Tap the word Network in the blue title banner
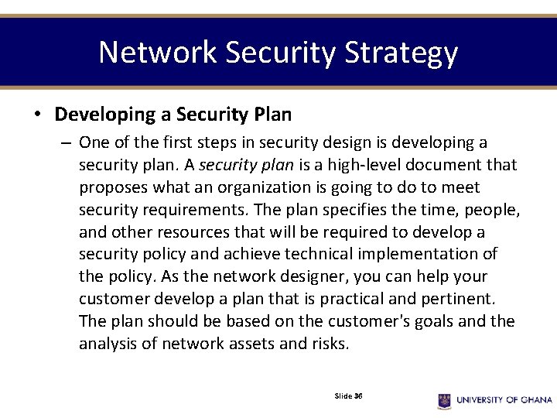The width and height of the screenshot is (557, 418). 158,53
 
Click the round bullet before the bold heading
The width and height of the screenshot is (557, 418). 37,115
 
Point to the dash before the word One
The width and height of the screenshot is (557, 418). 67,143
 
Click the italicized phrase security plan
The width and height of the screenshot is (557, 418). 237,165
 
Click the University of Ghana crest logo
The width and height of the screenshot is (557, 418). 444,400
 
